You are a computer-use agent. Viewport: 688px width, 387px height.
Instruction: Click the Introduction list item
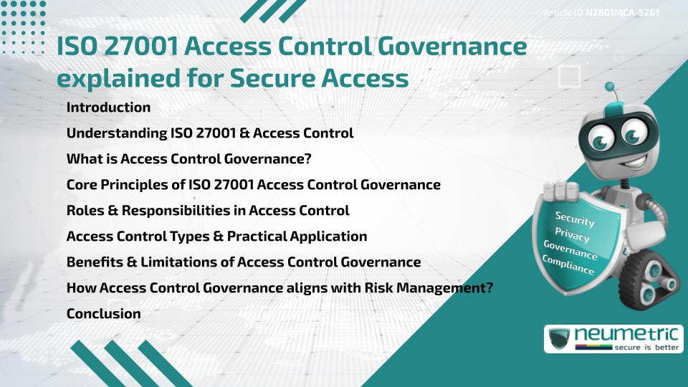108,107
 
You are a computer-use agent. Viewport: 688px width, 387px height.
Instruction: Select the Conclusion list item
103,314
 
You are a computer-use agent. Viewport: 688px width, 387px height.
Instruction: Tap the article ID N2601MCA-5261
622,13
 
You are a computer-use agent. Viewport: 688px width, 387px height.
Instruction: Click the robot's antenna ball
611,87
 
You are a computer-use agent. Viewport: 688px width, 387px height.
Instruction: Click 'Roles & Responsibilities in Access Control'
208,211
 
